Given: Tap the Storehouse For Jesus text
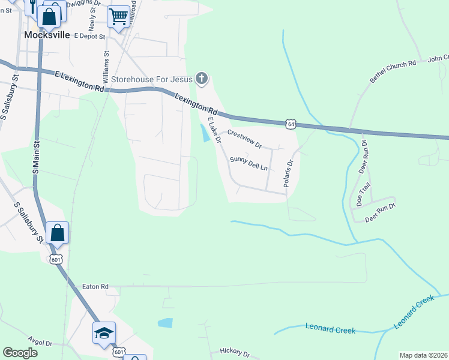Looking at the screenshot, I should (151, 79).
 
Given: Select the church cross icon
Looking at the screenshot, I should (202, 78).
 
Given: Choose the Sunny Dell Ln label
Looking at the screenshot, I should (248, 163).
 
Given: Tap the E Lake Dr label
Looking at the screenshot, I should (215, 131).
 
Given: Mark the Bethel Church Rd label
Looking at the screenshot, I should (393, 71).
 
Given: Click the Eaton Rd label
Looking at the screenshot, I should (96, 287).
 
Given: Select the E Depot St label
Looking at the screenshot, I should (89, 36).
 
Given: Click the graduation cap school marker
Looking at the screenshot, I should (104, 332).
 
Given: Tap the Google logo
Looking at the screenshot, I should (20, 353).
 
